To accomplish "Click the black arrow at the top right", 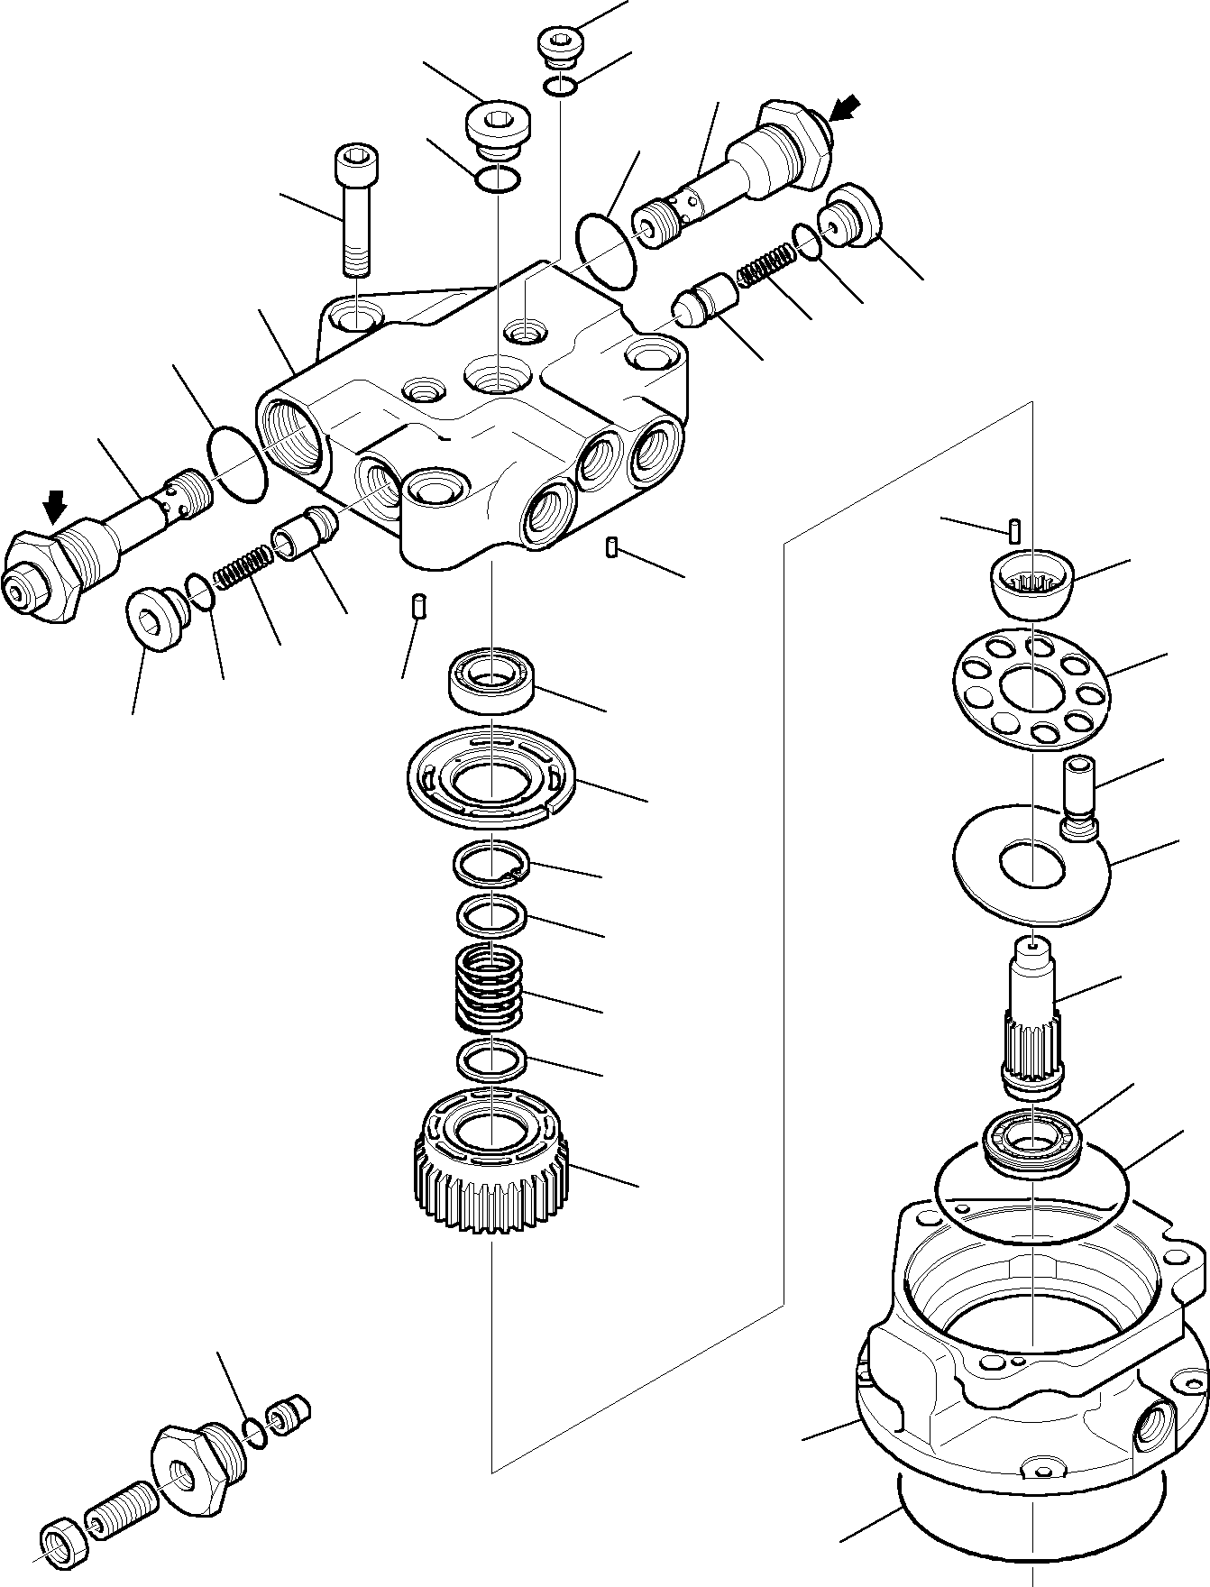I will click(844, 109).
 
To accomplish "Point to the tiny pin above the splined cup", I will click(1014, 530).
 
